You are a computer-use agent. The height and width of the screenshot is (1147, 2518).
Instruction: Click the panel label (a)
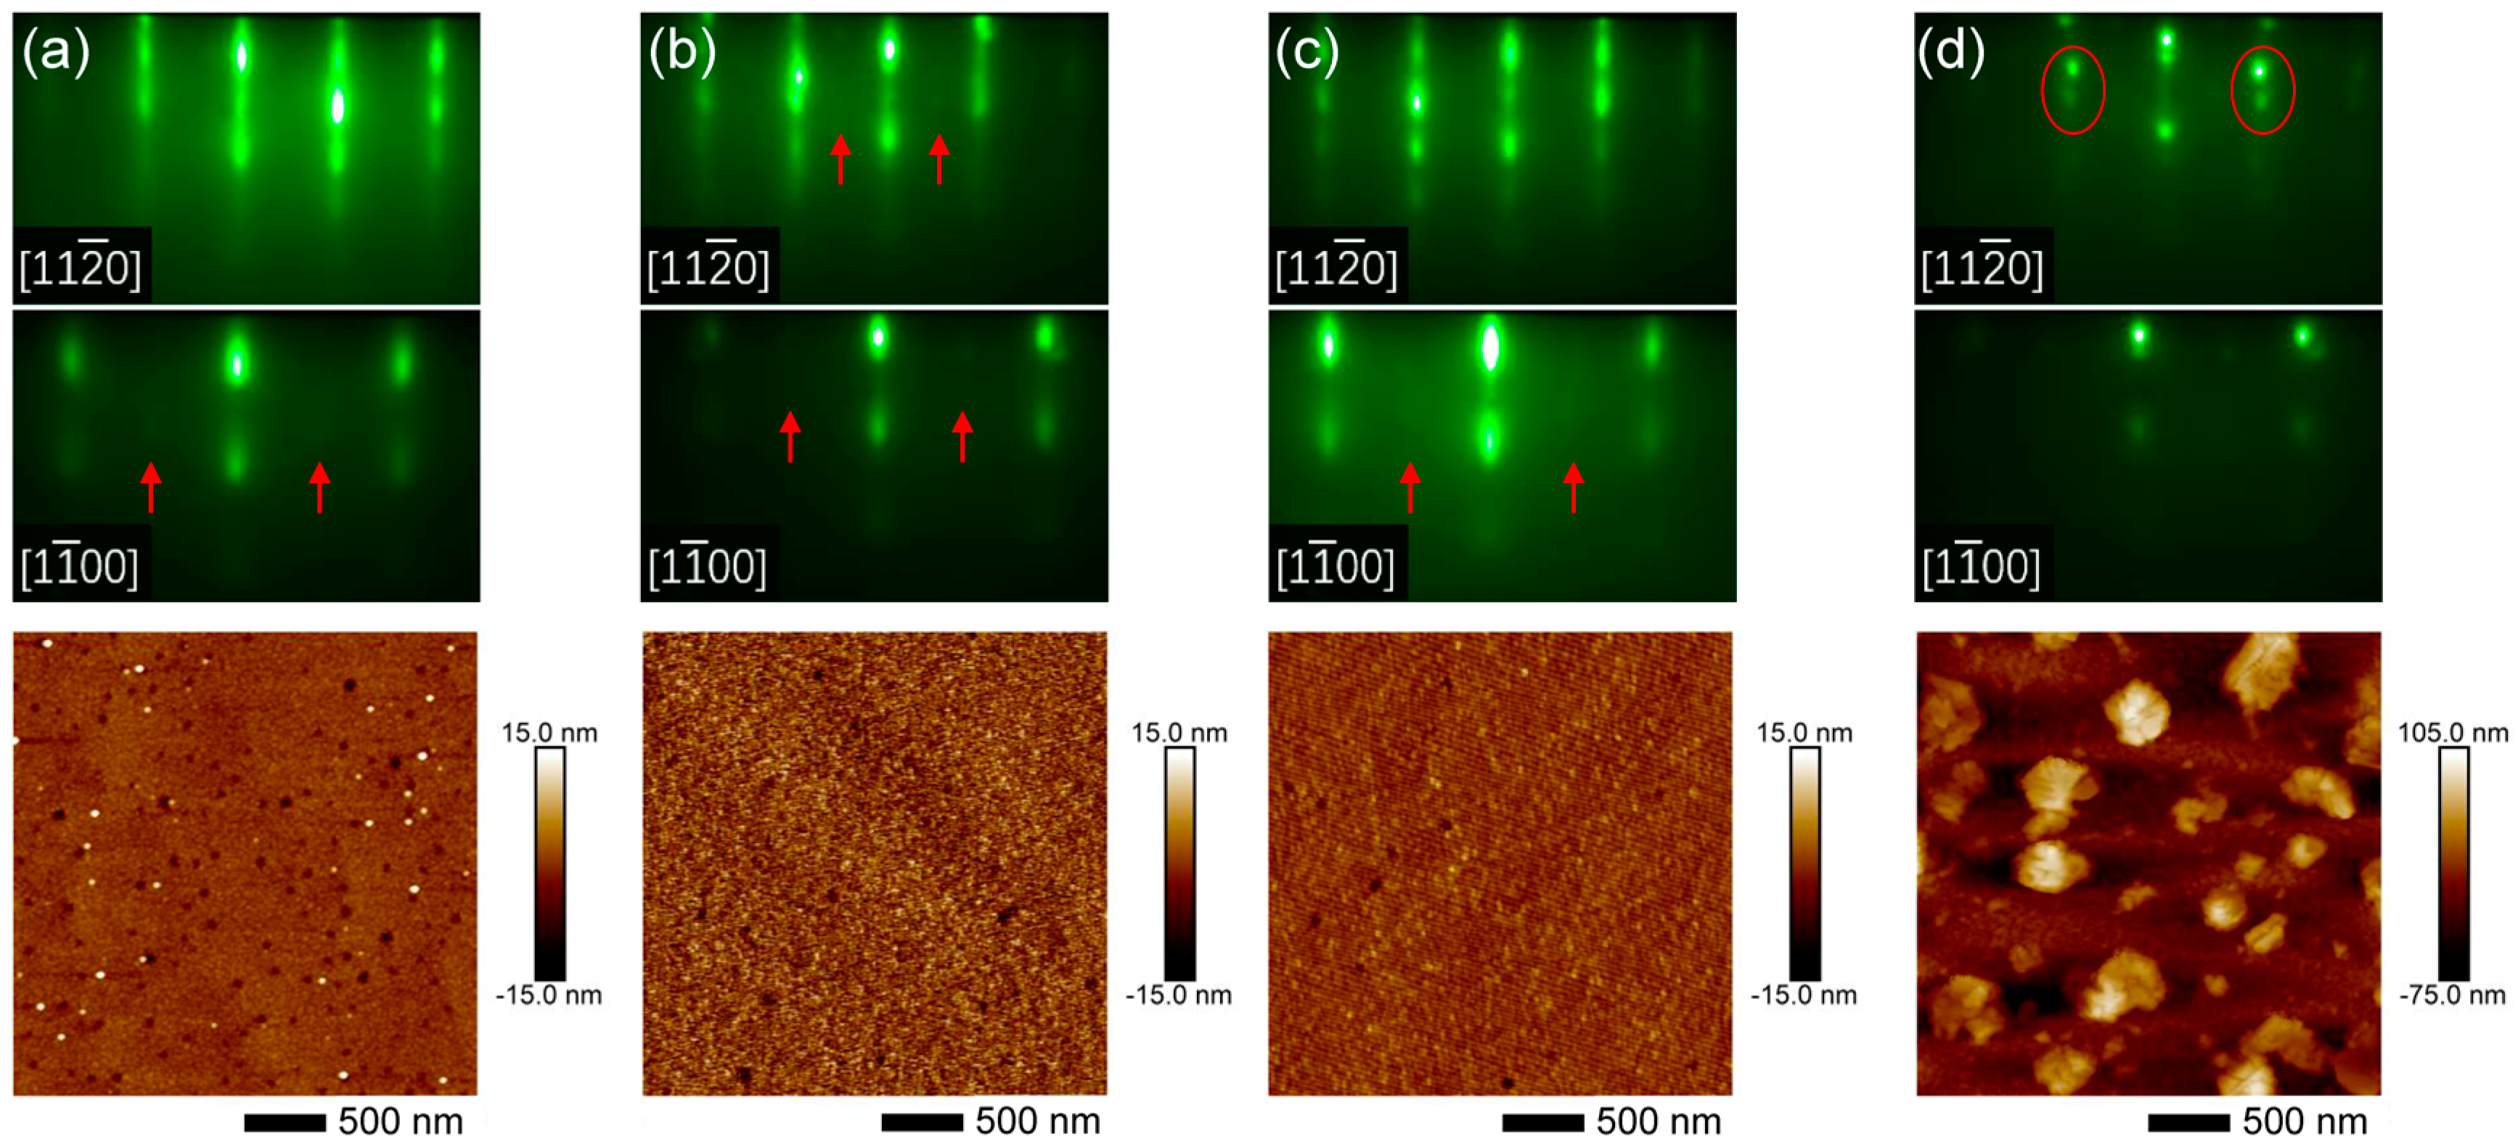tap(56, 51)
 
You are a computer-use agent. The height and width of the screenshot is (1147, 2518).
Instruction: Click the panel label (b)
tap(682, 51)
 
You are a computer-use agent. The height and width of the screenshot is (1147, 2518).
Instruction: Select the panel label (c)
tap(1307, 51)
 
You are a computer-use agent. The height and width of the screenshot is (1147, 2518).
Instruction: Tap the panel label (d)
tap(1951, 51)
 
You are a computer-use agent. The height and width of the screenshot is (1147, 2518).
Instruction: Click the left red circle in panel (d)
tap(2072, 90)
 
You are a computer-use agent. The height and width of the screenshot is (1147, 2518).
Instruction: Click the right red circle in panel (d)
tap(2262, 90)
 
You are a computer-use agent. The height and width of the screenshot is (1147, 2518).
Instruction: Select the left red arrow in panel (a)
tap(150, 487)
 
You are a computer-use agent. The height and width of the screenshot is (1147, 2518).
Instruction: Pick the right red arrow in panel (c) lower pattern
tap(1573, 487)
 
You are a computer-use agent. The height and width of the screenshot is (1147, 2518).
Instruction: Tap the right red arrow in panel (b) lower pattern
tap(962, 436)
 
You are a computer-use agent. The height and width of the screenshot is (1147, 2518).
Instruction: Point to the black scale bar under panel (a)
tap(285, 1122)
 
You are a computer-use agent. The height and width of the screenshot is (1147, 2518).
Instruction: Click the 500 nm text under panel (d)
tap(2304, 1122)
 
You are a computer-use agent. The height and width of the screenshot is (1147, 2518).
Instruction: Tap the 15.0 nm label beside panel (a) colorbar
tap(549, 733)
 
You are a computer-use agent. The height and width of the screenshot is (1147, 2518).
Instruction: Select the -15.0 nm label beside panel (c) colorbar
tap(1804, 995)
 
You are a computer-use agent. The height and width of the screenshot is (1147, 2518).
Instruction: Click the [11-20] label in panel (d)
tap(1982, 267)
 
